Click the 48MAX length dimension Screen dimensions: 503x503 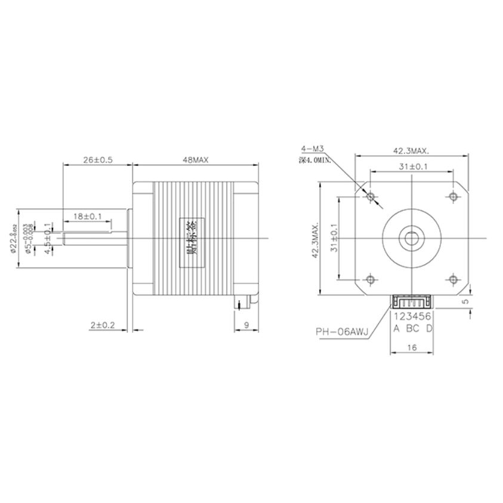click(195, 161)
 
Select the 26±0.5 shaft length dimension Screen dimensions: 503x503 click(97, 161)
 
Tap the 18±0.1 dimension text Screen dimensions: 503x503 click(88, 215)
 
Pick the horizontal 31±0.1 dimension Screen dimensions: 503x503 click(411, 167)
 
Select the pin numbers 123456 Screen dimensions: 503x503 click(412, 316)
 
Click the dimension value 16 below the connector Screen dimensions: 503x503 click(412, 346)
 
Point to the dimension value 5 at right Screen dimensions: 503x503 click(467, 302)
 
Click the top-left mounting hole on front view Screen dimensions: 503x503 click(371, 196)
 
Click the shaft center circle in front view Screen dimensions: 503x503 click(412, 237)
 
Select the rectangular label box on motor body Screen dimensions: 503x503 click(191, 237)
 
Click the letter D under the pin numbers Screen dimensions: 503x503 click(429, 328)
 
